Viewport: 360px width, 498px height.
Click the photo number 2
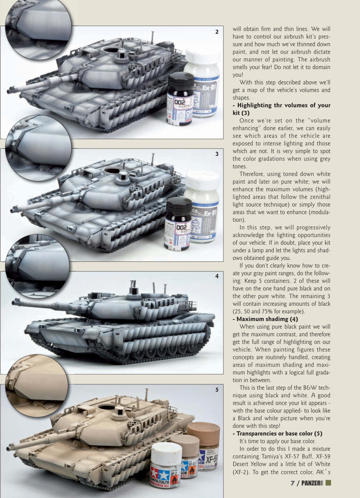(x=217, y=32)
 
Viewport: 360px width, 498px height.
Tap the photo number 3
(x=217, y=154)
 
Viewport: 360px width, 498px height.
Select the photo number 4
(x=217, y=276)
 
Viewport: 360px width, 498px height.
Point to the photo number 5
(x=217, y=389)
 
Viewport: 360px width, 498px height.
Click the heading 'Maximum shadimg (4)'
(x=265, y=319)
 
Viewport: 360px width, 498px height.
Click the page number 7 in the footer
(x=293, y=483)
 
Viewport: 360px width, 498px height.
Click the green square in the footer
(x=329, y=483)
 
